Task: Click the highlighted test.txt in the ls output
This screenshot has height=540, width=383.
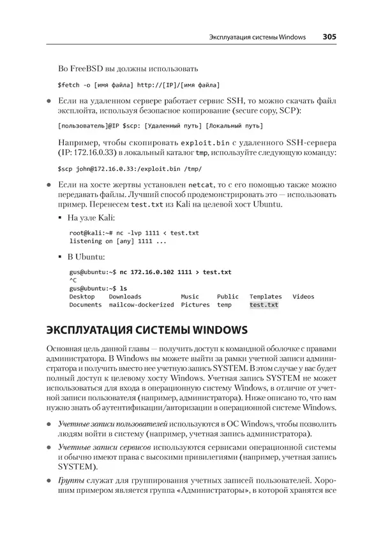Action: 264,305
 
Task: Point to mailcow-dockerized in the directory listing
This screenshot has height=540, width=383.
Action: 141,305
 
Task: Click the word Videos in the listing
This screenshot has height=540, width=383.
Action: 303,296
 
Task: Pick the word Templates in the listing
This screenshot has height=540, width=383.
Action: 266,296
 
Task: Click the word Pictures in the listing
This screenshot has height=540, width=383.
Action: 195,305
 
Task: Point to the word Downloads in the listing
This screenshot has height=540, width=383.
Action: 125,296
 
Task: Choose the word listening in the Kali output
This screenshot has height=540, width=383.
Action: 86,241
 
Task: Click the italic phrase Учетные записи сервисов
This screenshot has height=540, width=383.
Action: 101,449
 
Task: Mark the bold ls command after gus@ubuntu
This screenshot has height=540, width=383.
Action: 124,288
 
